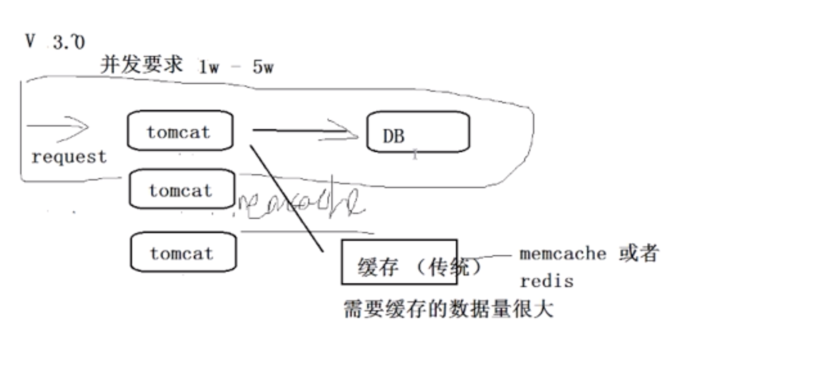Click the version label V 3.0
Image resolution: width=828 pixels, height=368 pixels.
55,42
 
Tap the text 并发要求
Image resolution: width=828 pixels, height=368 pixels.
141,65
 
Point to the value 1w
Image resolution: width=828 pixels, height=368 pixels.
209,67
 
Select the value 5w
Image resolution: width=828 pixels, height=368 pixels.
263,67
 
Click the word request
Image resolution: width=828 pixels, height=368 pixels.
69,157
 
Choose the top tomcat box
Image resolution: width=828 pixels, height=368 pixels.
180,131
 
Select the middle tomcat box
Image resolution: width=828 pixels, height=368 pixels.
182,189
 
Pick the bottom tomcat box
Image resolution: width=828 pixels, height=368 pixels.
183,252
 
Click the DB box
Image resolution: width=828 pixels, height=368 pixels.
418,132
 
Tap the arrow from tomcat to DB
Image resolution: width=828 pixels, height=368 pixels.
304,131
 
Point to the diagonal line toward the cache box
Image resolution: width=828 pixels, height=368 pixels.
287,197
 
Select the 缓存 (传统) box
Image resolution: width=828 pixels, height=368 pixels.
399,263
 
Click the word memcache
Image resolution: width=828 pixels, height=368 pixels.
562,253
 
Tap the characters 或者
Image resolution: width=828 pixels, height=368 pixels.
639,253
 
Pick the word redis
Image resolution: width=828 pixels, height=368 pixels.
547,281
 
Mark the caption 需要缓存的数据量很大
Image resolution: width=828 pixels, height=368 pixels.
448,309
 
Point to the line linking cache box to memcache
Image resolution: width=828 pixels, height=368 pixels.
487,257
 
